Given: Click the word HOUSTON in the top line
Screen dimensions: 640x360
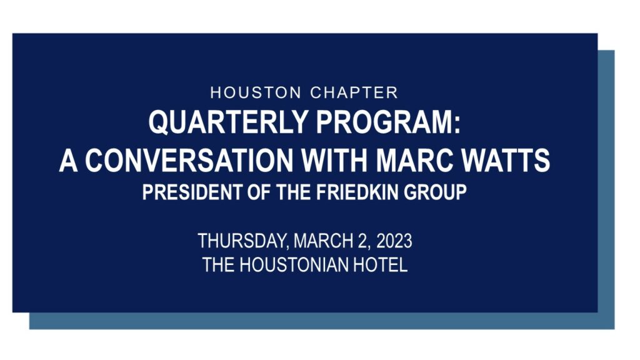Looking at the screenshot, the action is point(256,92).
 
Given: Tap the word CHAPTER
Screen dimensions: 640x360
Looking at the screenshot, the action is point(354,92).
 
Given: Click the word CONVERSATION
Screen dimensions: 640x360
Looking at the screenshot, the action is point(189,160).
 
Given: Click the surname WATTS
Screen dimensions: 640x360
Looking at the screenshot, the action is point(506,160).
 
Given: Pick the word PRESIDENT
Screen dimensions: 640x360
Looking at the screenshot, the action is point(192,192).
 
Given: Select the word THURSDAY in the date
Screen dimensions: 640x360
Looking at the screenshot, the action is point(243,241).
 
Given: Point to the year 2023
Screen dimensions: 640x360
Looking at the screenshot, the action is point(394,241).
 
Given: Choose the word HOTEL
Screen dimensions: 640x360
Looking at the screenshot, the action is point(381,264).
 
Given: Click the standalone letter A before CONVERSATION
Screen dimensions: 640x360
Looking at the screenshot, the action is point(68,160).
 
